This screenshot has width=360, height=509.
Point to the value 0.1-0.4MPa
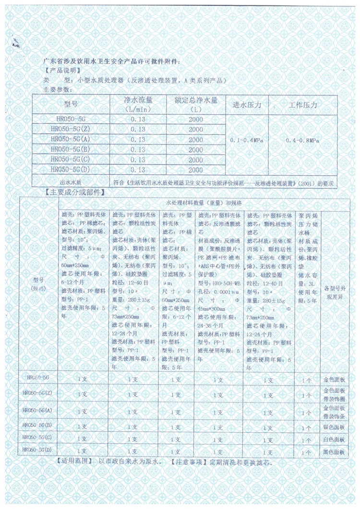tap(247, 140)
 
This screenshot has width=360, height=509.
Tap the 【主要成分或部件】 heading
tap(73, 192)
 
